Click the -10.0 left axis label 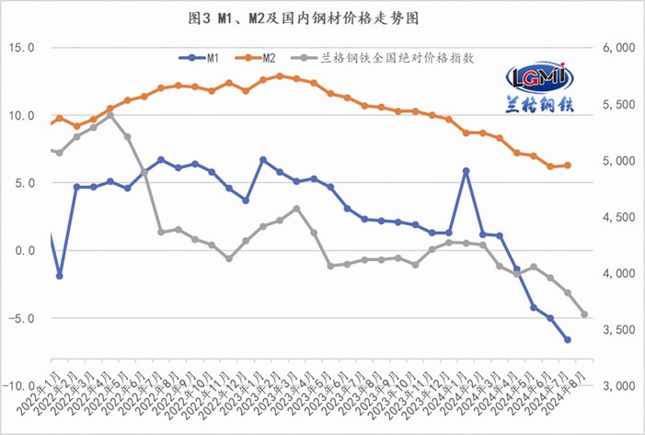pos(18,386)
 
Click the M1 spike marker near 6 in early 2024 pos(466,171)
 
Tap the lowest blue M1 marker pos(568,339)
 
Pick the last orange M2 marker pos(568,166)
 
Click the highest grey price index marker pos(110,116)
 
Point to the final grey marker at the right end pos(584,315)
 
